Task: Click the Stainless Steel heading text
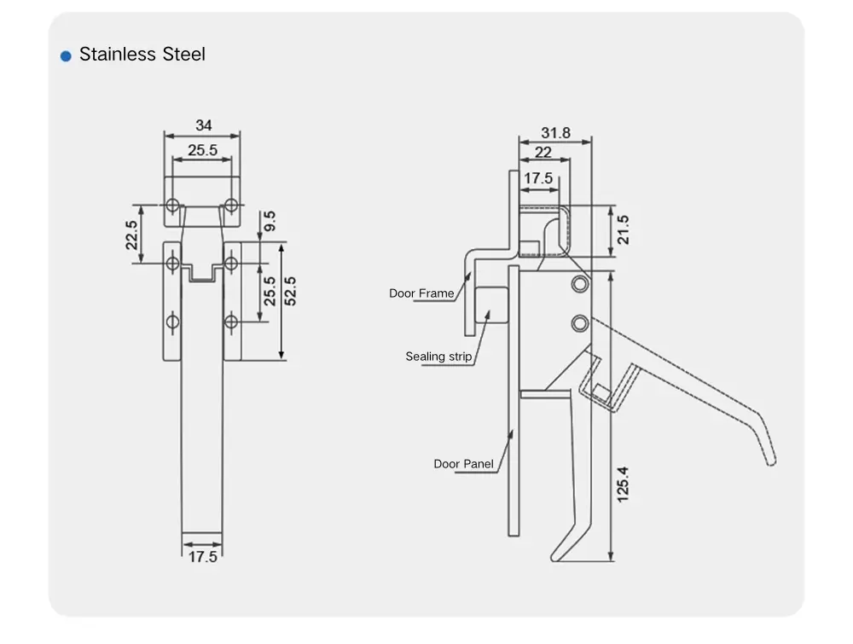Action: (x=142, y=55)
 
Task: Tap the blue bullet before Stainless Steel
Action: (x=66, y=56)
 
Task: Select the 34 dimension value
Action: (x=203, y=125)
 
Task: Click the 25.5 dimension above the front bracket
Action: (x=202, y=150)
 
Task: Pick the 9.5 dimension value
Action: (x=270, y=223)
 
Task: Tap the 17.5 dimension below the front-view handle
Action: (x=202, y=556)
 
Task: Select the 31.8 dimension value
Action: (x=555, y=133)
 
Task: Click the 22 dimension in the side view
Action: (x=543, y=153)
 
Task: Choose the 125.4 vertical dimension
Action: (x=623, y=484)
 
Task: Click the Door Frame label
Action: (x=421, y=293)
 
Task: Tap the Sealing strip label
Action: (x=438, y=357)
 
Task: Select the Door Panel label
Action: (x=463, y=464)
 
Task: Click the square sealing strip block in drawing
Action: (x=491, y=305)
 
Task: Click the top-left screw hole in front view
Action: (x=173, y=205)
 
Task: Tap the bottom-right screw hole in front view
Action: (x=231, y=322)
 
